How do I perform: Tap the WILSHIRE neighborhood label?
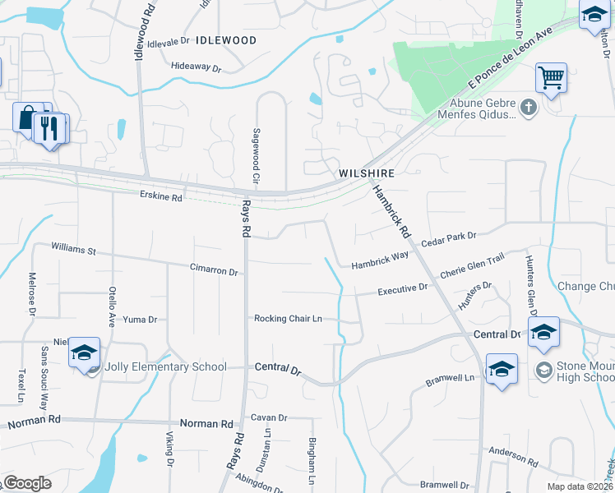(367, 174)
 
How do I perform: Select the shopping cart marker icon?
(551, 79)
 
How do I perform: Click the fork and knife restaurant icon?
(49, 129)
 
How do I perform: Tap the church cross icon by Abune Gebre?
(528, 106)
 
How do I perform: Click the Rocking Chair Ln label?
(288, 319)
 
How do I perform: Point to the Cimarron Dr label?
(214, 270)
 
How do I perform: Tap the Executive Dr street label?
(403, 289)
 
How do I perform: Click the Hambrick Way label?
(380, 260)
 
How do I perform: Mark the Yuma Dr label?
(140, 319)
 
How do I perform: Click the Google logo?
(26, 483)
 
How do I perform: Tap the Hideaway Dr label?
(197, 67)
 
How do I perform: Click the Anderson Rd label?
(512, 455)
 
